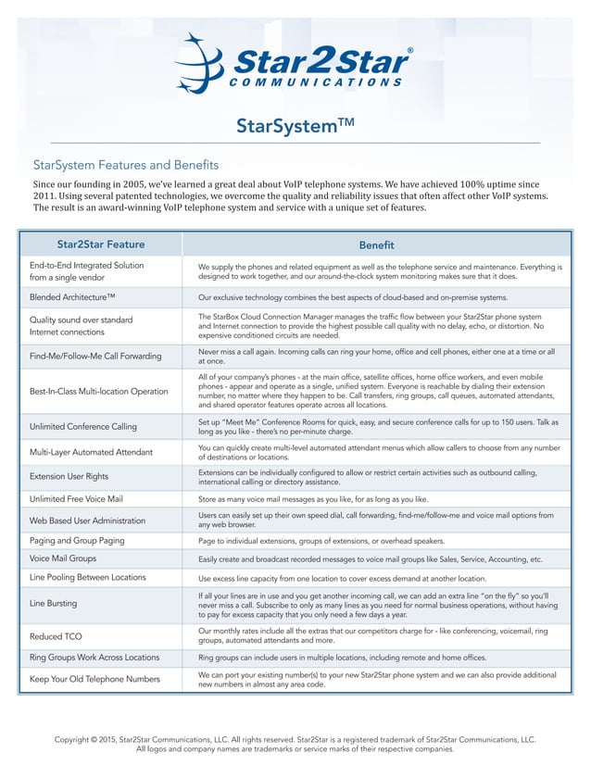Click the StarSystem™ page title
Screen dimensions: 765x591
pyautogui.click(x=295, y=125)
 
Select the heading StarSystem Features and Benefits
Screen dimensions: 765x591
pyautogui.click(x=126, y=165)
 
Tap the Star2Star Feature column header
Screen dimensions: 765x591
pyautogui.click(x=100, y=245)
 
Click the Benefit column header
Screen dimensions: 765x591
pyautogui.click(x=376, y=245)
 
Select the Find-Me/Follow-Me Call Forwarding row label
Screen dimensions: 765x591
pyautogui.click(x=95, y=356)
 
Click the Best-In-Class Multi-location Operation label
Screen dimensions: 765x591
pyautogui.click(x=99, y=391)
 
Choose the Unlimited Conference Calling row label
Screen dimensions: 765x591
pyautogui.click(x=83, y=426)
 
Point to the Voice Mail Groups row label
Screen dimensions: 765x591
pyautogui.click(x=63, y=559)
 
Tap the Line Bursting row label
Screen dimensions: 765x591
pyautogui.click(x=54, y=603)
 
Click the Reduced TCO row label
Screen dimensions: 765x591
pyautogui.click(x=57, y=636)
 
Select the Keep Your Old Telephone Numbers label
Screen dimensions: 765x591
pyautogui.click(x=95, y=680)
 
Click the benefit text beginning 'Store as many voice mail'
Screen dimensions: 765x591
pyautogui.click(x=313, y=498)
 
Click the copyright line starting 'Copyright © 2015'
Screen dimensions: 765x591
pyautogui.click(x=295, y=741)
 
